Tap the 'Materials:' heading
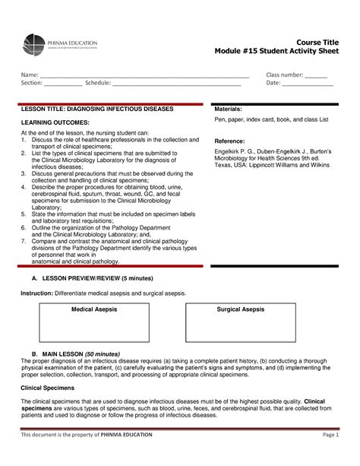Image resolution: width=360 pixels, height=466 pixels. [229, 110]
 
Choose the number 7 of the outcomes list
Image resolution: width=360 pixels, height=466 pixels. [23, 239]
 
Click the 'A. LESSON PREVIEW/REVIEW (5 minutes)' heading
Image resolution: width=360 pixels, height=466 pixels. [90, 279]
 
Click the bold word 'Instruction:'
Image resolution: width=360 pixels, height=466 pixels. [36, 293]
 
